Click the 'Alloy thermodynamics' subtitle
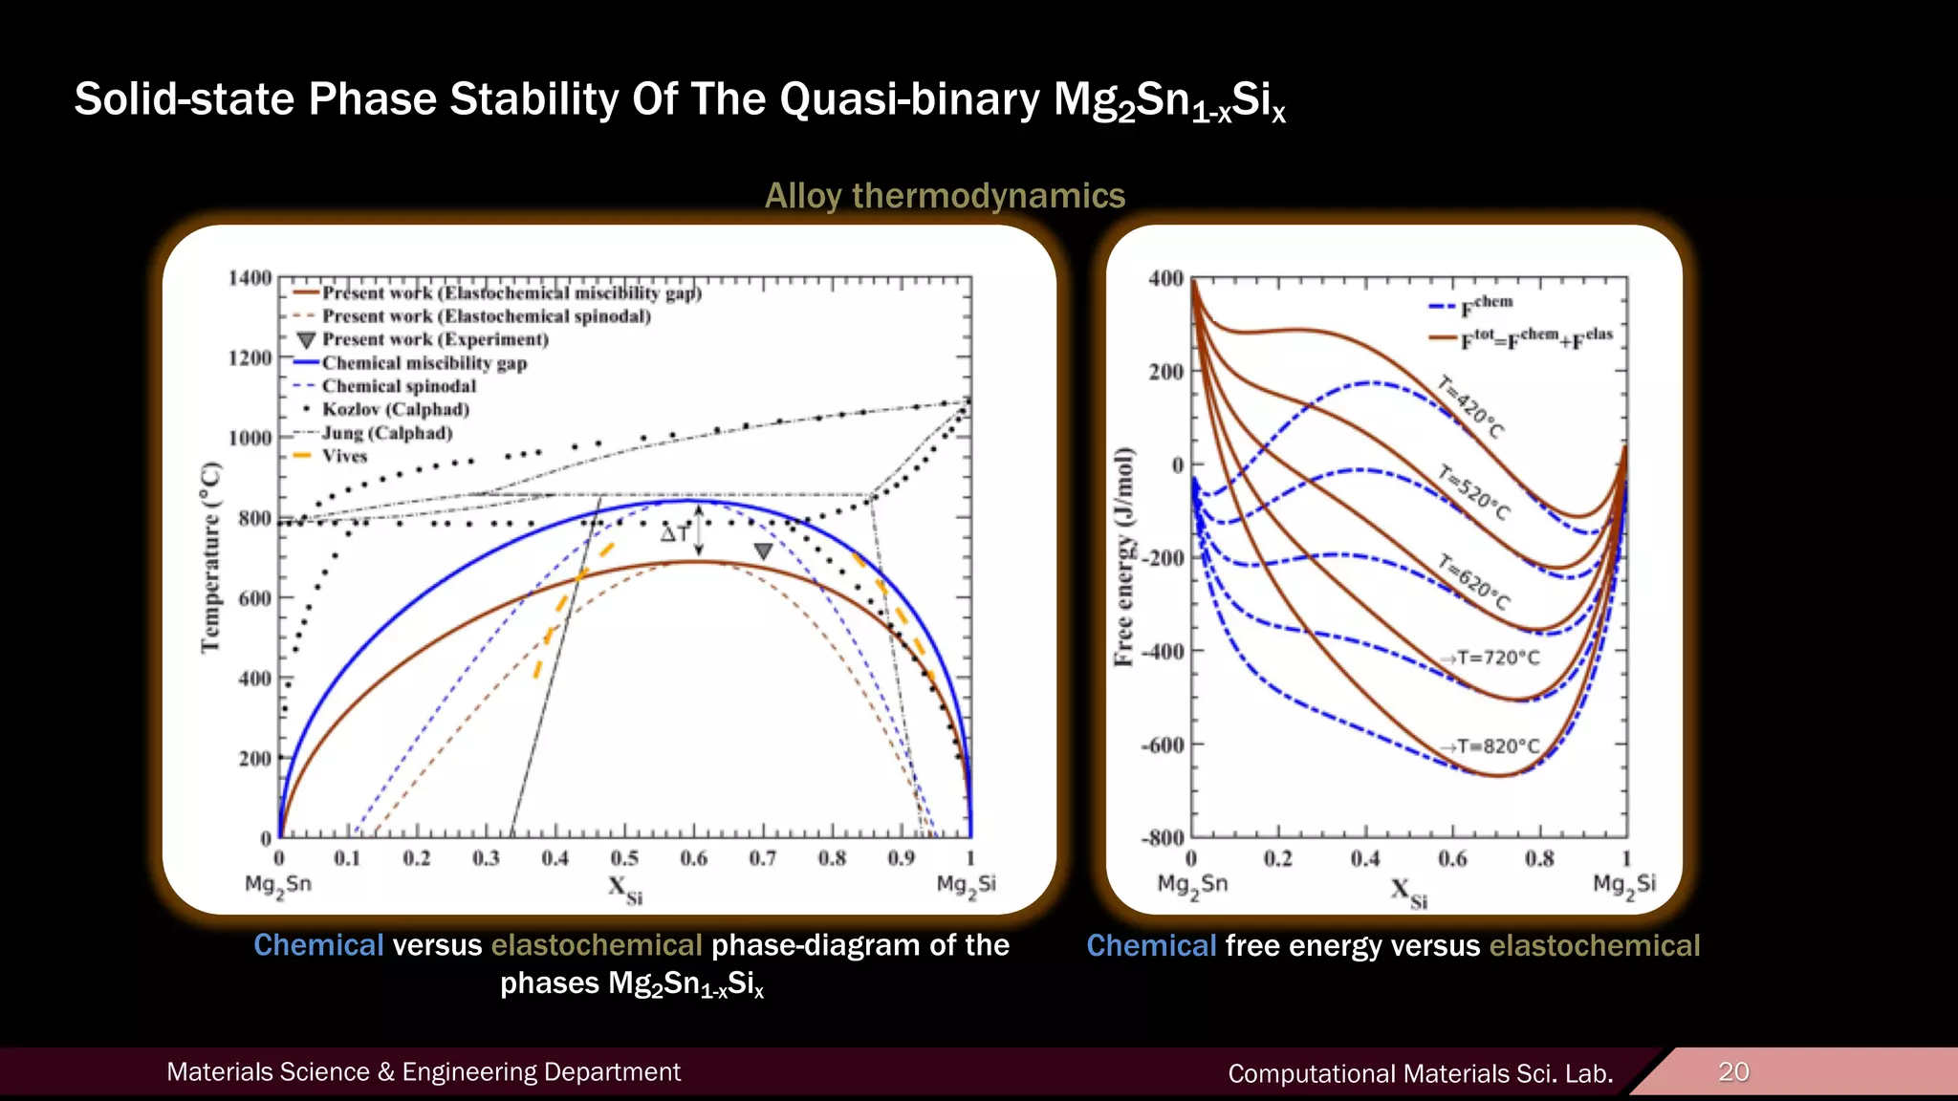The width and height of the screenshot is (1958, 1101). pos(945,196)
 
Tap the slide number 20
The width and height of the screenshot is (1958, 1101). pos(1733,1071)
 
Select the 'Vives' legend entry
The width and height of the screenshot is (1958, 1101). pos(344,456)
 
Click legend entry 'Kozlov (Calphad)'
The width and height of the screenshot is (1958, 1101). pos(395,409)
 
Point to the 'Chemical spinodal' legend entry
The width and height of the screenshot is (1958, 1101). pos(398,386)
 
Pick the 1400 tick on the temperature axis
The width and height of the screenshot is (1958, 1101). pos(250,278)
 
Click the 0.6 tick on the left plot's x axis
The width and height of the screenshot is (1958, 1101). pos(693,858)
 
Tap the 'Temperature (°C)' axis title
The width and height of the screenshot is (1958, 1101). pos(211,558)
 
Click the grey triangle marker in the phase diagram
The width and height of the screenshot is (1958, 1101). pos(763,551)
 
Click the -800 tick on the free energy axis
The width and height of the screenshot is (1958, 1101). pos(1163,838)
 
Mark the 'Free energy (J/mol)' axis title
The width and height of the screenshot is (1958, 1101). pos(1124,556)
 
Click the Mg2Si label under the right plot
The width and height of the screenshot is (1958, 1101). pos(1623,885)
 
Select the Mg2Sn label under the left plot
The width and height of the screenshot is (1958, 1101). pos(278,885)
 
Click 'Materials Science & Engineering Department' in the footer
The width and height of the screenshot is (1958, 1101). pos(424,1072)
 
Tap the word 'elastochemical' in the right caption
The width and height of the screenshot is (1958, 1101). pos(1594,945)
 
